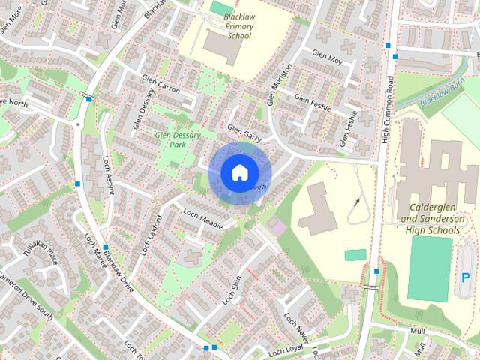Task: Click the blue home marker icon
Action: pos(238,172)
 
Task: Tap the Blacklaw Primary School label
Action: pos(239,26)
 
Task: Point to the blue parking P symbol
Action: pos(466,277)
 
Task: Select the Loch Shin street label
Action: pos(232,289)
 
